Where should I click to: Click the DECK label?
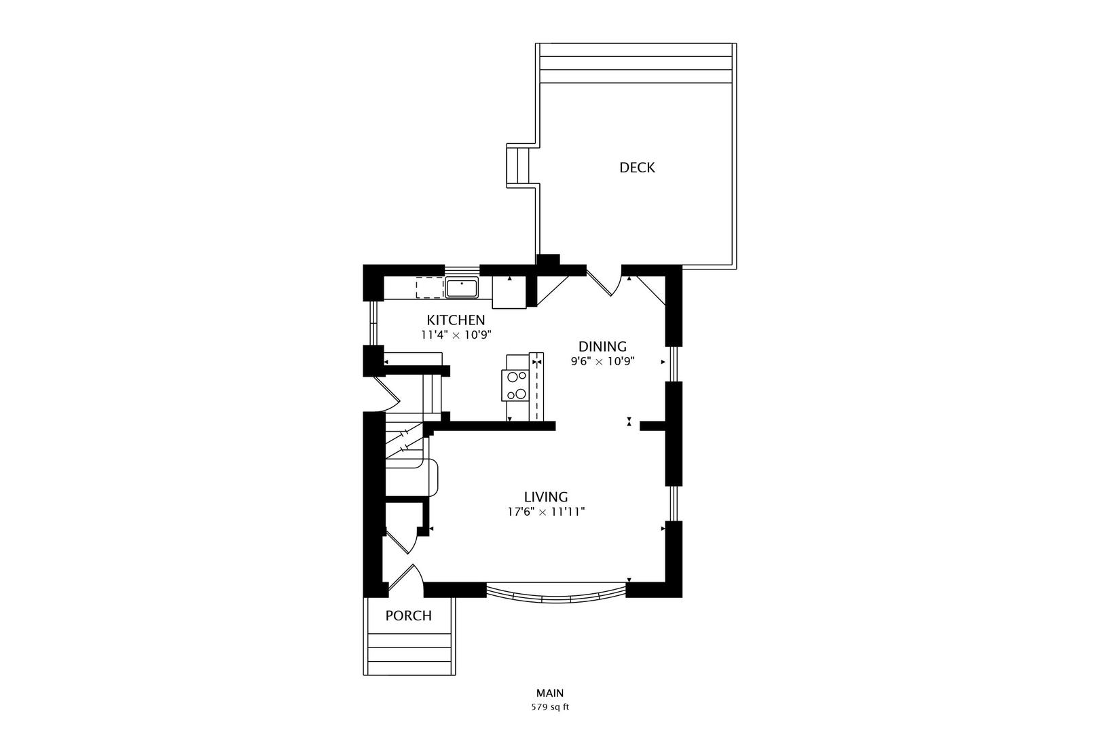pos(637,168)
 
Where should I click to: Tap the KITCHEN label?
pos(456,320)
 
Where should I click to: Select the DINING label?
pos(602,347)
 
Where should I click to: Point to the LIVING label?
pos(545,497)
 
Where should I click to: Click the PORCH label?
pos(409,616)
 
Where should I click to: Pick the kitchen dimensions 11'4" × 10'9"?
pos(456,335)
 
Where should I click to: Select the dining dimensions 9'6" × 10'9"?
pos(602,362)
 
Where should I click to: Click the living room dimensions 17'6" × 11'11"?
pos(546,512)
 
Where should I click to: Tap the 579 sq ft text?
pos(550,707)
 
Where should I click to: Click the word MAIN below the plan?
pos(550,693)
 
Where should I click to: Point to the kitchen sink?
pos(462,288)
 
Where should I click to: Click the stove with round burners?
pos(515,386)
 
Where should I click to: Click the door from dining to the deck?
pos(604,284)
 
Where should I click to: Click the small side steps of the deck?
pos(518,166)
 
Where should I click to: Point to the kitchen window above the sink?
pos(462,270)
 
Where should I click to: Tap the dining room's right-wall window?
pos(674,364)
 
